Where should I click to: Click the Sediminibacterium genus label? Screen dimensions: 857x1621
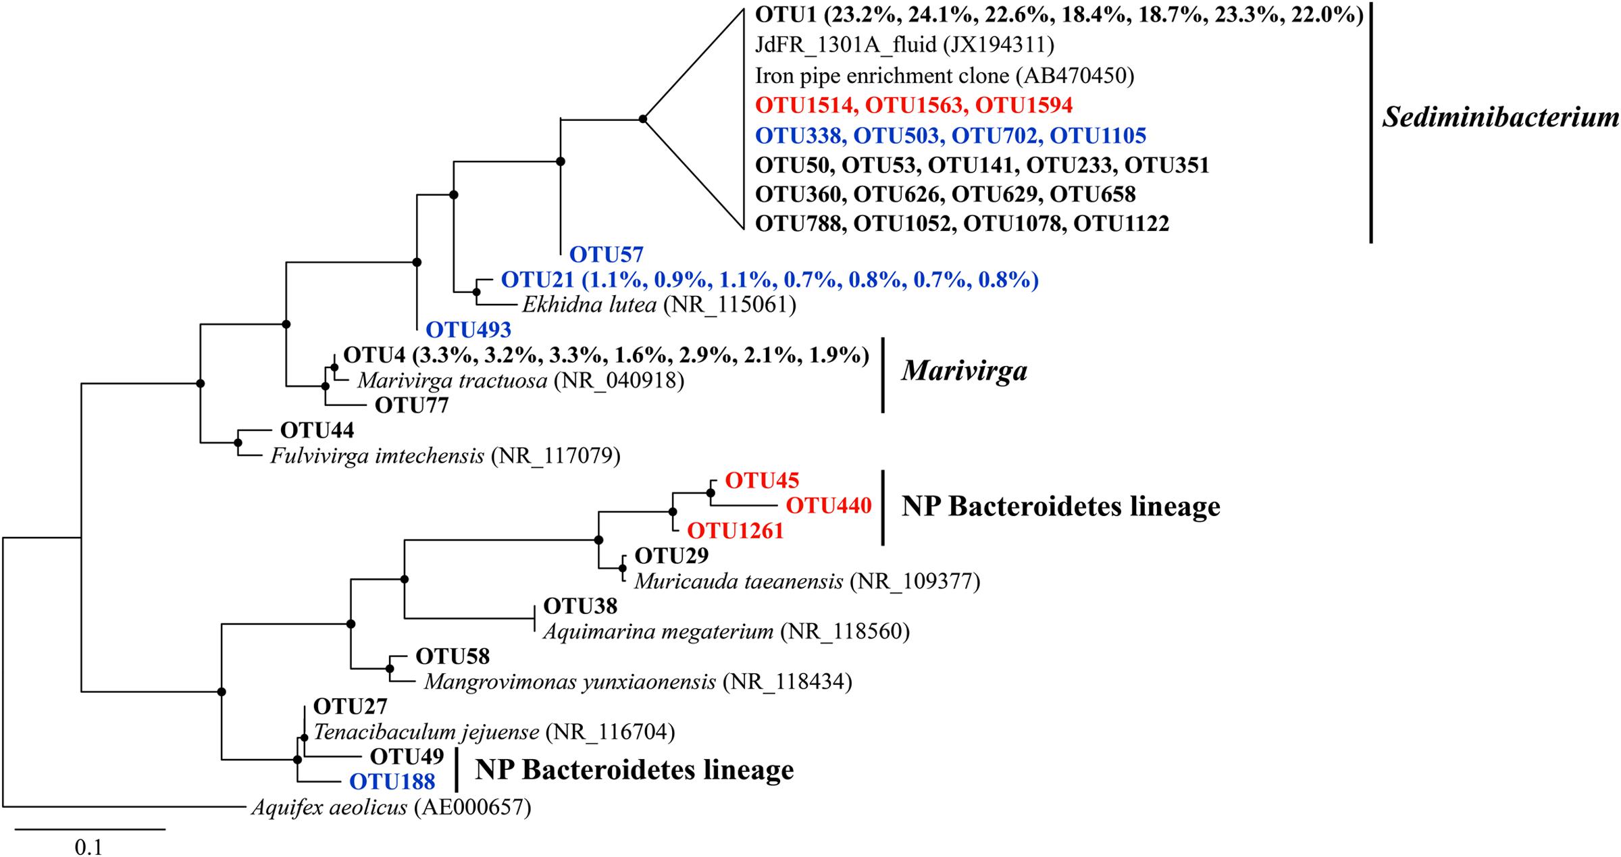pos(1499,119)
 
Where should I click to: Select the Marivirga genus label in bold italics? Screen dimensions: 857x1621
pos(964,370)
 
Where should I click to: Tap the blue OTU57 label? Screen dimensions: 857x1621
pos(606,255)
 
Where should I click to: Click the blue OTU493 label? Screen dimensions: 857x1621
pos(468,330)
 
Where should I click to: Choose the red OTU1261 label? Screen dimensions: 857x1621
pos(735,531)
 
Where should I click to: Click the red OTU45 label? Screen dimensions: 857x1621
pos(761,480)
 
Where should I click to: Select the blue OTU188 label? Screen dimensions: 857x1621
pos(392,781)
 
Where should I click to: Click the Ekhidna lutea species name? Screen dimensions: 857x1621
pos(590,305)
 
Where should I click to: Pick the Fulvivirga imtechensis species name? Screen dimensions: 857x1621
pos(377,456)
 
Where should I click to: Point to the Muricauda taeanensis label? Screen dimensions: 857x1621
pos(738,581)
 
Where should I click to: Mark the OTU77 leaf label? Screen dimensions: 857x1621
pos(411,405)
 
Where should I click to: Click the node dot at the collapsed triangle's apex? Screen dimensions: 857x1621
pos(643,120)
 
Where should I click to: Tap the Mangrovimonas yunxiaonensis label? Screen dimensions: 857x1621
pos(569,682)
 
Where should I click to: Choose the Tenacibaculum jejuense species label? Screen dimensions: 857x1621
pos(426,731)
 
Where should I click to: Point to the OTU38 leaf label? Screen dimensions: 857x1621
pos(580,606)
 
